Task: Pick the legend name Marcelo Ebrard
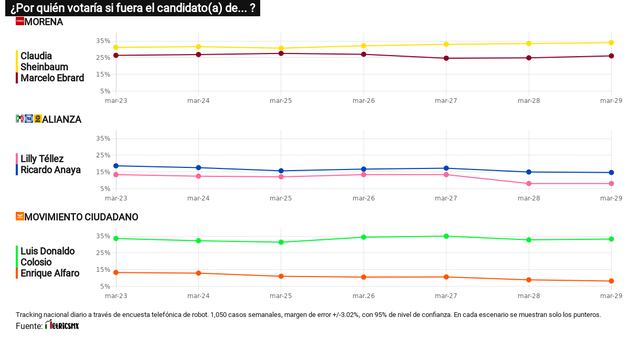click(x=52, y=77)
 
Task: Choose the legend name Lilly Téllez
click(x=43, y=159)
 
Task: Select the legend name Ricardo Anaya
click(x=49, y=170)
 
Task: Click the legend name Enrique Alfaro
click(x=49, y=273)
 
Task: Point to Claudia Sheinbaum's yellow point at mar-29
click(x=611, y=43)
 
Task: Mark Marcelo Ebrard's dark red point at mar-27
click(x=446, y=58)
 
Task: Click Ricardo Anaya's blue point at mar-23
click(x=117, y=166)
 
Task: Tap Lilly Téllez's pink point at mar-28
click(x=529, y=183)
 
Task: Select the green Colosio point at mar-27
click(x=446, y=236)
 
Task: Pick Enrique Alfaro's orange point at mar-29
click(x=611, y=281)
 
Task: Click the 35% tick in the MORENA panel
click(x=103, y=41)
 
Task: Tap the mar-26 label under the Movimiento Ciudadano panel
click(x=364, y=296)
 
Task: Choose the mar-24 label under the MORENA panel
click(x=199, y=101)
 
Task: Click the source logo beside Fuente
click(x=71, y=326)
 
